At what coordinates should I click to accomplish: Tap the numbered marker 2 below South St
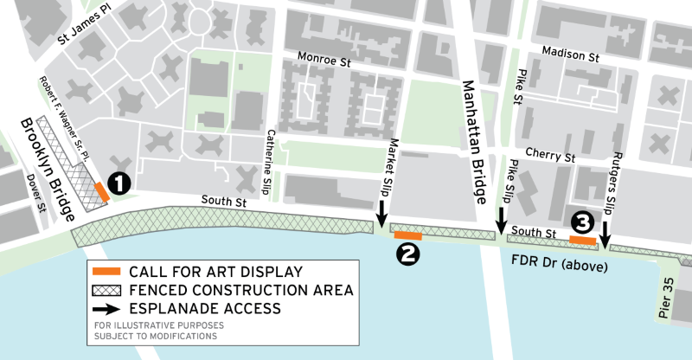(x=406, y=253)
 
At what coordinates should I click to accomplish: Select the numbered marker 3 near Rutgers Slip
(x=582, y=222)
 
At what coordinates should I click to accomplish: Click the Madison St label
(x=570, y=55)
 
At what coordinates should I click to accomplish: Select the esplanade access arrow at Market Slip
(x=381, y=212)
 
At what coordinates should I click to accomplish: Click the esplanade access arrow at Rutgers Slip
(x=605, y=232)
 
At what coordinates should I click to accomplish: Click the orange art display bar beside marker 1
(x=101, y=191)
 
